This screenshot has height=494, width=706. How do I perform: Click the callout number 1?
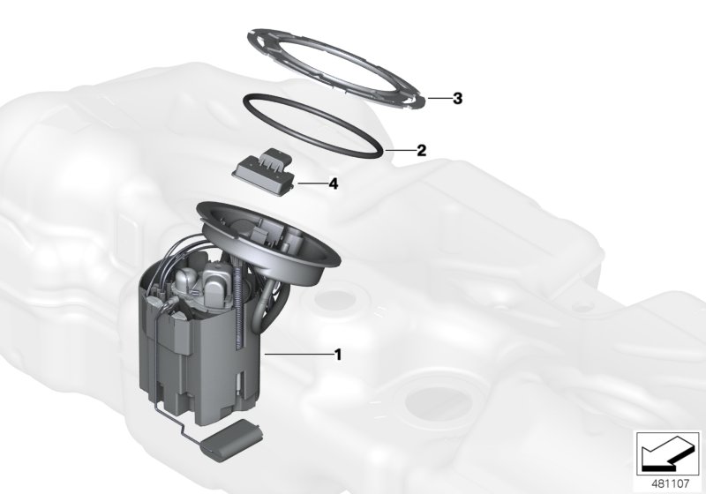pos(337,355)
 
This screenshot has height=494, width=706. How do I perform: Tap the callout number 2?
pos(422,151)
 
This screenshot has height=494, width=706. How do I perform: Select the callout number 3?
pos(457,99)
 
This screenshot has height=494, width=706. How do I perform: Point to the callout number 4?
pos(333,184)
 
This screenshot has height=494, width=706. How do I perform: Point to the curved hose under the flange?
pos(266,304)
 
